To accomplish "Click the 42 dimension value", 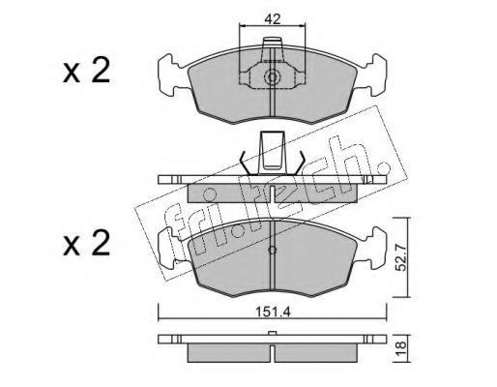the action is coord(273,19).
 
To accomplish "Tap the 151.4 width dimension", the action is coord(273,313).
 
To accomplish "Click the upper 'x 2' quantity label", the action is coord(86,72).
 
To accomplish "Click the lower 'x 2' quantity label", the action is coord(86,244).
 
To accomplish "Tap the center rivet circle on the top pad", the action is coord(273,77).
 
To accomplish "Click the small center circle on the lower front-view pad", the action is coord(273,250).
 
